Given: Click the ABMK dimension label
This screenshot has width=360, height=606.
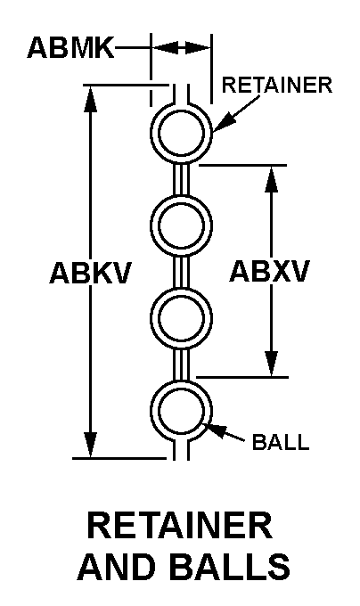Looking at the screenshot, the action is click(70, 47).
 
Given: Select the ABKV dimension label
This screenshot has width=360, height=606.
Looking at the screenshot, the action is click(91, 273).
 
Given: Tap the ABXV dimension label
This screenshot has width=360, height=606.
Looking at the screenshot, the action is click(270, 271).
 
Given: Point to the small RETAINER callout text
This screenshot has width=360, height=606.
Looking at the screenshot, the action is click(277, 85).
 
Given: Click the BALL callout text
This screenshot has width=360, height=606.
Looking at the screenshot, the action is click(281, 442).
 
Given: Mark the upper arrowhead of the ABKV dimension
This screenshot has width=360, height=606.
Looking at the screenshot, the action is click(90, 99).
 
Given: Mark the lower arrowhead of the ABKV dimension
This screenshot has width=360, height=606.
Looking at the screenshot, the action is click(90, 445).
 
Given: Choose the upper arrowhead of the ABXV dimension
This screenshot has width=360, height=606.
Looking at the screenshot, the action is click(272, 179).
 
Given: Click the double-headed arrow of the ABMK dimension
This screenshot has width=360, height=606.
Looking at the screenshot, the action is click(181, 48).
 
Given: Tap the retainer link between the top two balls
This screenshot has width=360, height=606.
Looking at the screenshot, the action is click(181, 179).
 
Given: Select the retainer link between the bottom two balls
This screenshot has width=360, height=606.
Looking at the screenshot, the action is click(181, 365).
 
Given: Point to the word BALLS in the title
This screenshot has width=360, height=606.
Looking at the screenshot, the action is click(229, 566).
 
